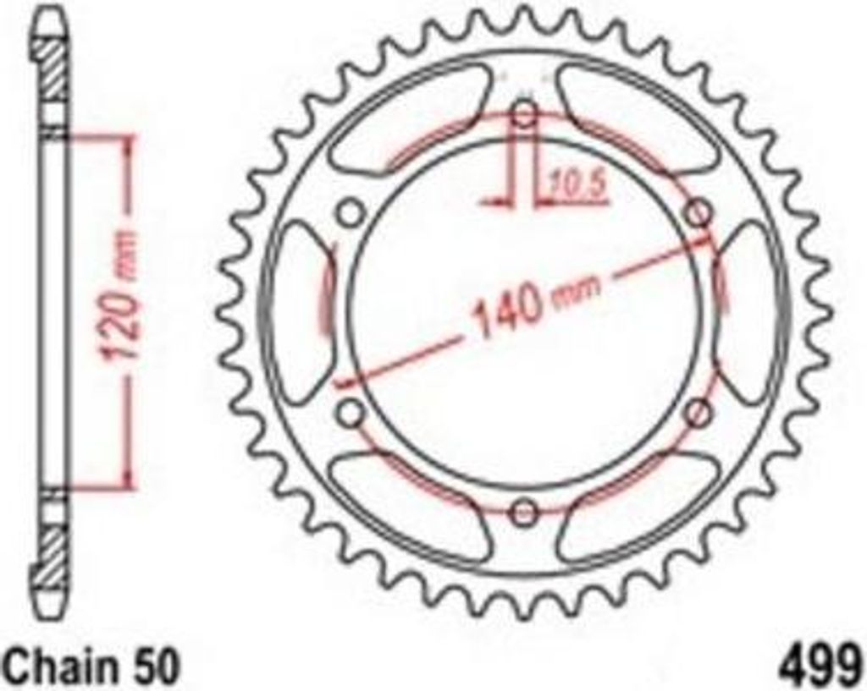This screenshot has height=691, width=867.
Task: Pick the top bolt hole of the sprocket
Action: tap(525, 113)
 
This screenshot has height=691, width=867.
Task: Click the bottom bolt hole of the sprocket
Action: tap(525, 511)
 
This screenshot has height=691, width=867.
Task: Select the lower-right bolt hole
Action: tap(698, 413)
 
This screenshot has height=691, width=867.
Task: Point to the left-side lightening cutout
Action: tap(301, 313)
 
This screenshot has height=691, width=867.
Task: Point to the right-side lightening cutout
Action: tap(749, 313)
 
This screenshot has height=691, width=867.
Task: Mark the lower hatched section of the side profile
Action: tap(51, 541)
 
